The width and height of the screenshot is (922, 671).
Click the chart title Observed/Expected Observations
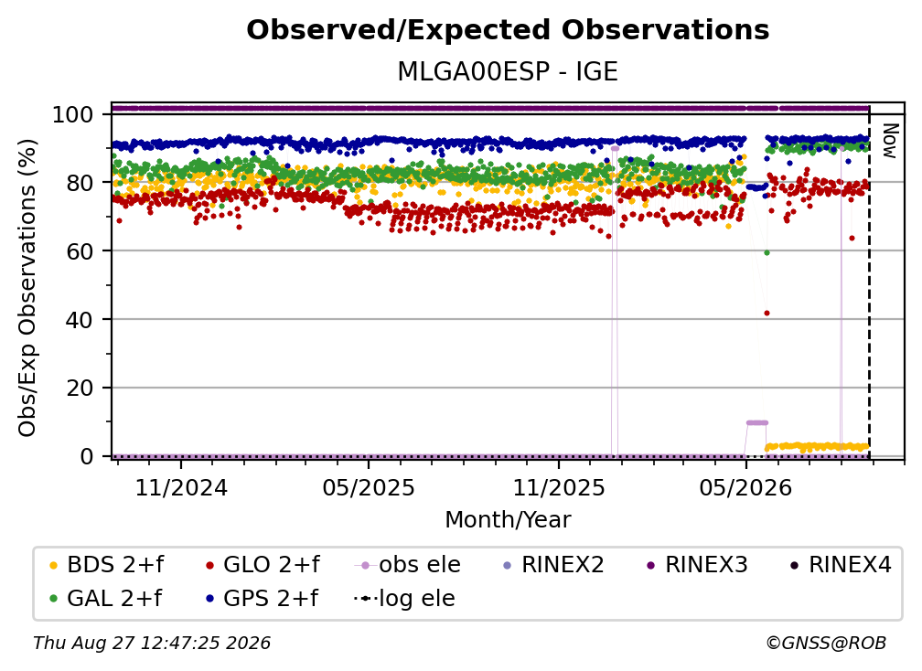(508, 30)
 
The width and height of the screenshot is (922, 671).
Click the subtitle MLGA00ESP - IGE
(508, 71)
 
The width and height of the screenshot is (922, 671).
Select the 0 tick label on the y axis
(86, 456)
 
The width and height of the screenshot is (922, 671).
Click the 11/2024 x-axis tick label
(181, 487)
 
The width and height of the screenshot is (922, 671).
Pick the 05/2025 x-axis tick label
(369, 487)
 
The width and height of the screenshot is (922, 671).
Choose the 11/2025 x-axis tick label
(559, 487)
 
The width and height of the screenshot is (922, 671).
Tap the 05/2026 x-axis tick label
(745, 487)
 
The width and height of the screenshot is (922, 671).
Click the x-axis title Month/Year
(508, 520)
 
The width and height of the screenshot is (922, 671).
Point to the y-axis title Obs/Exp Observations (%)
(27, 287)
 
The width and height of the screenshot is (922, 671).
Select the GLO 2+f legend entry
(263, 565)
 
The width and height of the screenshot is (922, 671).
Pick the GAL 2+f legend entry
(106, 598)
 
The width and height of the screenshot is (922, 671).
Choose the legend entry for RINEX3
(697, 565)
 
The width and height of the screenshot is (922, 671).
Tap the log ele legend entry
(404, 598)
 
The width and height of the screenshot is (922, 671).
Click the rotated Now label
(890, 141)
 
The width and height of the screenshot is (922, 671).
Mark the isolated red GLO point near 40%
(767, 314)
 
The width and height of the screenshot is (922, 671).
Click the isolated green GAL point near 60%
(767, 252)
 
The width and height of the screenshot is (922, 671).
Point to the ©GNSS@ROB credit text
(826, 643)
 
